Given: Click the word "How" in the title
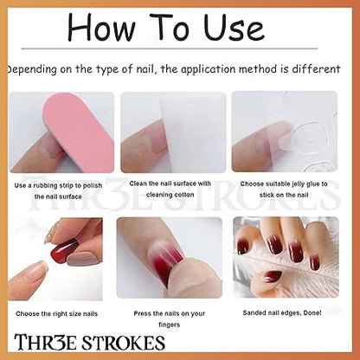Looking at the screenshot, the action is click(x=101, y=27).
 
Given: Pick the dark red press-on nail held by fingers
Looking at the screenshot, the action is click(x=64, y=250).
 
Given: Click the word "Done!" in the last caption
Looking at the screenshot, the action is click(x=312, y=312).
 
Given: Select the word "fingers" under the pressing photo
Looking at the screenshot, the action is click(x=170, y=325).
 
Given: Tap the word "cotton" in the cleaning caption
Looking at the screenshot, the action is click(x=183, y=195).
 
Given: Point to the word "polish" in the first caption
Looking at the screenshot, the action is click(x=93, y=185).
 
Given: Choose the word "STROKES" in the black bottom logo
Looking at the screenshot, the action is click(x=124, y=343).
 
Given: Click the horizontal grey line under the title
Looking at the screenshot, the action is click(x=169, y=48).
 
